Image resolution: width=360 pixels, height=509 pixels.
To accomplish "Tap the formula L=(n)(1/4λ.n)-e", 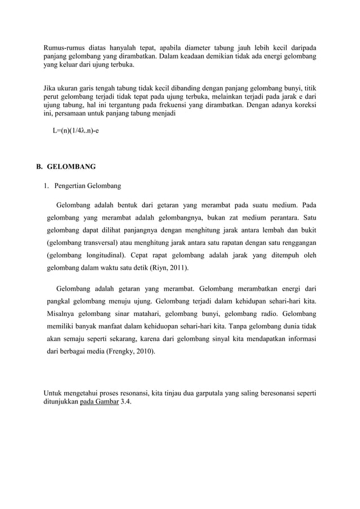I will (x=76, y=131).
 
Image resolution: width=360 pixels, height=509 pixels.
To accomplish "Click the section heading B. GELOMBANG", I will (x=66, y=167).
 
